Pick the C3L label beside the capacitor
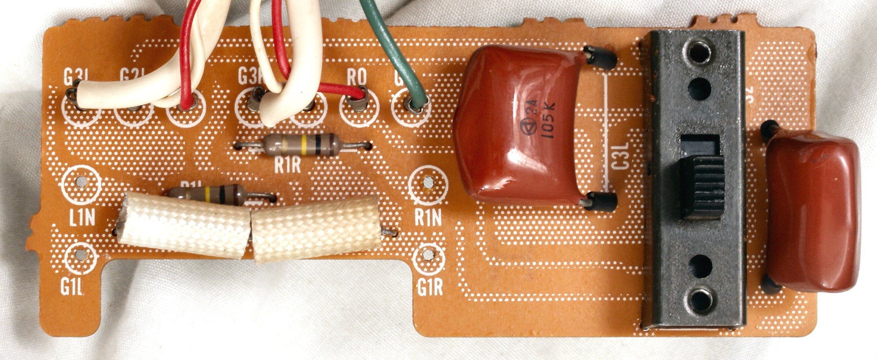[x=620, y=156]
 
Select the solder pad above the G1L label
[x=81, y=255]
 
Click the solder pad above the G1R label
[x=428, y=255]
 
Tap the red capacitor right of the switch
[x=813, y=211]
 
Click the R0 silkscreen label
[x=356, y=77]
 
